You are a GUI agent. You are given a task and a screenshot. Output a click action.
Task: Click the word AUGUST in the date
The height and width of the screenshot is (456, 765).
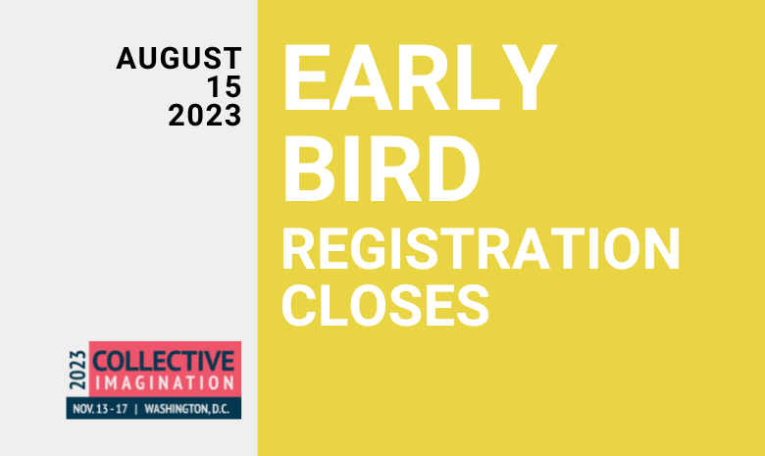pyautogui.click(x=178, y=58)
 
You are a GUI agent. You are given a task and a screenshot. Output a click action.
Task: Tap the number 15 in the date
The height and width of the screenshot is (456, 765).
pyautogui.click(x=225, y=87)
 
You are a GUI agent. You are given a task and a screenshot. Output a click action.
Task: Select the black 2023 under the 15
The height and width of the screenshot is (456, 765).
pyautogui.click(x=205, y=116)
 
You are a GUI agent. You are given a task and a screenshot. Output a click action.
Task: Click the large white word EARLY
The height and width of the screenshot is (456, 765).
pyautogui.click(x=420, y=78)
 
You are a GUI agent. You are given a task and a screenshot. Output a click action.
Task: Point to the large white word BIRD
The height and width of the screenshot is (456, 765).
pyautogui.click(x=382, y=169)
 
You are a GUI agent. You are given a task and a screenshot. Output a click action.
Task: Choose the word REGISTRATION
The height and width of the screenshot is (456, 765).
pyautogui.click(x=481, y=249)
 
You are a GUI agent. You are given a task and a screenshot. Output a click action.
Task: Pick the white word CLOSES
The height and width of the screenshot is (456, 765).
pyautogui.click(x=385, y=305)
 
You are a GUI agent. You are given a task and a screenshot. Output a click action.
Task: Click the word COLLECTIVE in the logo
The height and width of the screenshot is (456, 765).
pyautogui.click(x=164, y=362)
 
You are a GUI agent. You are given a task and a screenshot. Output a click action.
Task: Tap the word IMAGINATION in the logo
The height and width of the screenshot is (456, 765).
pyautogui.click(x=165, y=383)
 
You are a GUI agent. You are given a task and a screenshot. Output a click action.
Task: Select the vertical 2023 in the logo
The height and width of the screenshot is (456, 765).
pyautogui.click(x=77, y=370)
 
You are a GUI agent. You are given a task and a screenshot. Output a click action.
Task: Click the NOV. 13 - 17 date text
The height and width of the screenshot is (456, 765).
pyautogui.click(x=100, y=409)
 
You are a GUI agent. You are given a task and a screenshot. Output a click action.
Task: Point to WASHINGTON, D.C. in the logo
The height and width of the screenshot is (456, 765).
pyautogui.click(x=187, y=409)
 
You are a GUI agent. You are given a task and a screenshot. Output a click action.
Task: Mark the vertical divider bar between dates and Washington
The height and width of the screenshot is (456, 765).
pyautogui.click(x=136, y=409)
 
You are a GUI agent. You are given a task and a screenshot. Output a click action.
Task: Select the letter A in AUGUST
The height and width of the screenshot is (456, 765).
pyautogui.click(x=127, y=58)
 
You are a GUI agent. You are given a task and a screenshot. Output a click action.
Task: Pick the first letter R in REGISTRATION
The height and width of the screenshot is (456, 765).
pyautogui.click(x=299, y=249)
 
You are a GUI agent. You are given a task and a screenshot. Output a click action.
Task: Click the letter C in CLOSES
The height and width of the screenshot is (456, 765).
pyautogui.click(x=299, y=305)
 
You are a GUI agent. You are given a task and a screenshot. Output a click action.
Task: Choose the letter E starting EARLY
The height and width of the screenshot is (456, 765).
pyautogui.click(x=305, y=78)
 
